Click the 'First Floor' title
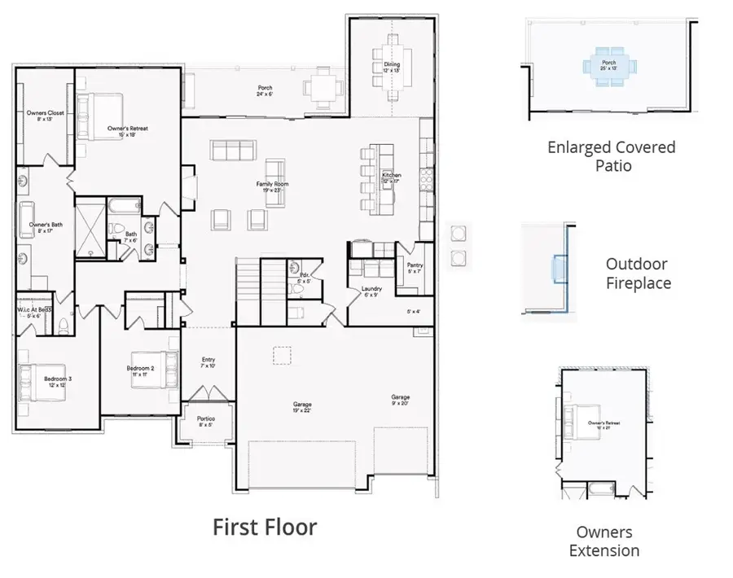[x=265, y=527]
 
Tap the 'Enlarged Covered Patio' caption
[x=611, y=156]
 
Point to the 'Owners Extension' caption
[x=604, y=541]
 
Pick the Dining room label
[x=392, y=67]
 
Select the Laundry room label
[x=371, y=291]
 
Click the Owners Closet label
[x=45, y=116]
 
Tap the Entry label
[x=208, y=362]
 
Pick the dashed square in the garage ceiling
[x=282, y=356]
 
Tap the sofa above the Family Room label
[x=233, y=150]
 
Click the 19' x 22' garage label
[x=302, y=407]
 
